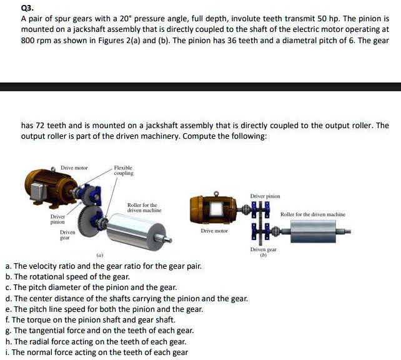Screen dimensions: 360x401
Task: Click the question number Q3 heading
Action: [x=27, y=7]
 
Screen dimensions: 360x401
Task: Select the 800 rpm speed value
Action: [x=36, y=40]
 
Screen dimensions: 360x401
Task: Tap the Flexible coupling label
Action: [x=123, y=171]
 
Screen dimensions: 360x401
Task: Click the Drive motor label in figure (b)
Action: [x=214, y=231]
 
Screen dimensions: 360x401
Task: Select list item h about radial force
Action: [x=99, y=341]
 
